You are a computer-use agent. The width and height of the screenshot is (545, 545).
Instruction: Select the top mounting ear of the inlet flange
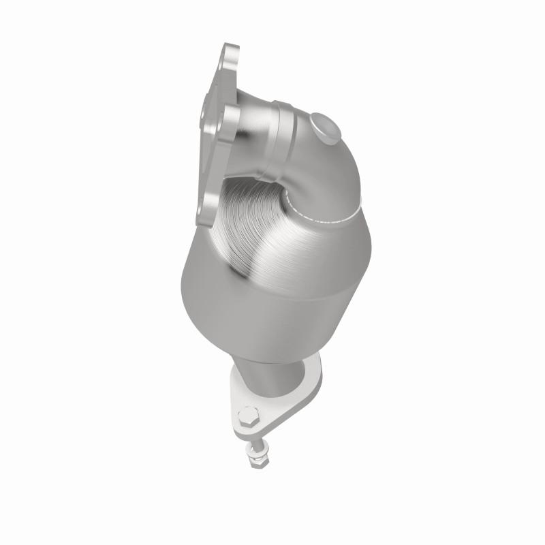pos(229,58)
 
